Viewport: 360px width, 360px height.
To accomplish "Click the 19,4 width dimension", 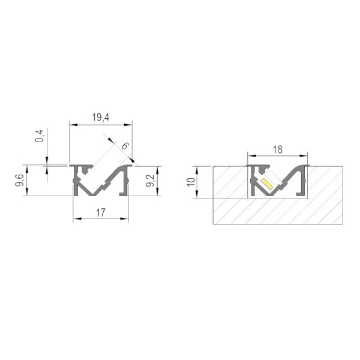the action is tap(101, 118).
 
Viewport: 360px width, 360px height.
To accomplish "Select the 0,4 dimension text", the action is tap(40, 136).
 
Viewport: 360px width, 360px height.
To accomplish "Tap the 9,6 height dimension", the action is tap(20, 180).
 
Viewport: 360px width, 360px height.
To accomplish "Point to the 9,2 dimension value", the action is tap(151, 181).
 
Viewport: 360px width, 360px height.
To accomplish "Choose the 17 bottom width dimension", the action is tap(101, 212).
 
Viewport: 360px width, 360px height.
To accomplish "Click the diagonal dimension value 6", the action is tap(125, 146).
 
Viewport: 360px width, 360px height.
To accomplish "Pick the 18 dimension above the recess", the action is tap(277, 149).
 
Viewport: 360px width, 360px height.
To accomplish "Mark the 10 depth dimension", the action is tap(191, 182).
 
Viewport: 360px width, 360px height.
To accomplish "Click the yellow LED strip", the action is tap(267, 184).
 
